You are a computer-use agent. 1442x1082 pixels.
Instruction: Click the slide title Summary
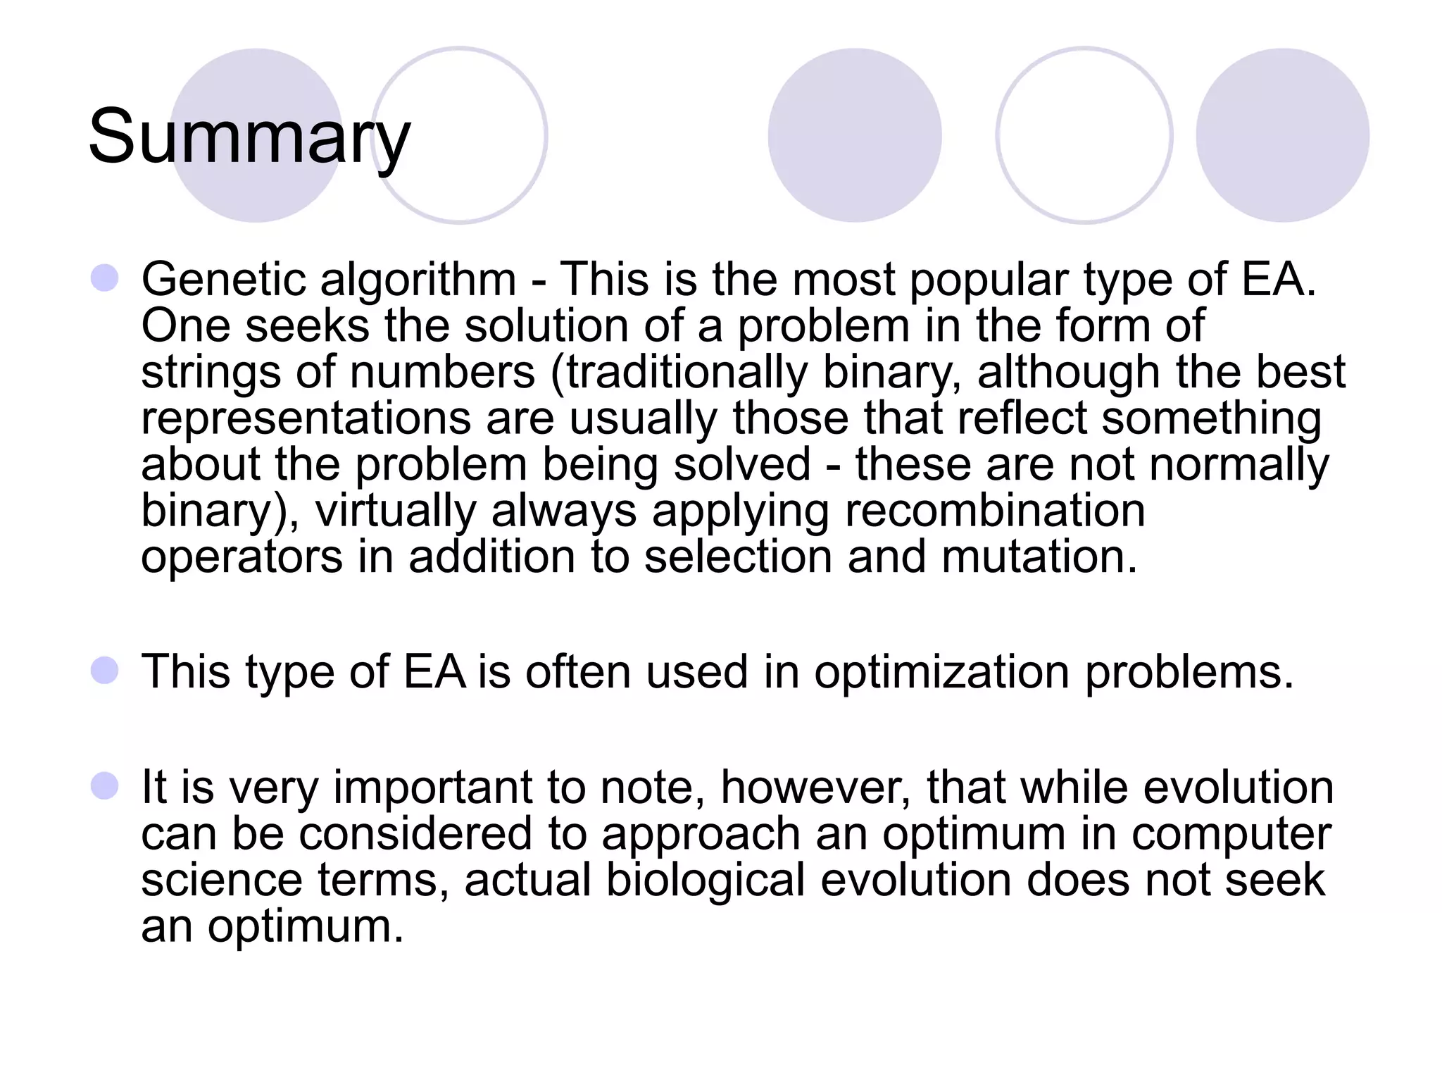(x=249, y=137)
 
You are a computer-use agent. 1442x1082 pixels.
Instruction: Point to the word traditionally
(x=686, y=373)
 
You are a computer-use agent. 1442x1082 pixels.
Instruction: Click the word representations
(x=306, y=418)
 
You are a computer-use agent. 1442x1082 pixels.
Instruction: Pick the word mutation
(x=1039, y=556)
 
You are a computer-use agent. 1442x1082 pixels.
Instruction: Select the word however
(x=816, y=788)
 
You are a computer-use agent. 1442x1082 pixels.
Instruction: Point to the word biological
(x=706, y=881)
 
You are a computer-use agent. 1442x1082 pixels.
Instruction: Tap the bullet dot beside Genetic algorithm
(x=104, y=278)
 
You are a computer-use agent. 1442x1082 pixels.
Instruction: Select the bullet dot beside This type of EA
(x=104, y=671)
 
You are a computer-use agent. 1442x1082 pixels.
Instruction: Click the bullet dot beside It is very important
(x=104, y=786)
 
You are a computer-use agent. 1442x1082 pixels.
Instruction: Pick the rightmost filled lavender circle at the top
(x=1282, y=135)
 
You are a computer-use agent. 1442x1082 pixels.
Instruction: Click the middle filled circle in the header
(x=855, y=135)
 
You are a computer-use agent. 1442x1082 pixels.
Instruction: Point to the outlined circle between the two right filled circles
(x=1084, y=135)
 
